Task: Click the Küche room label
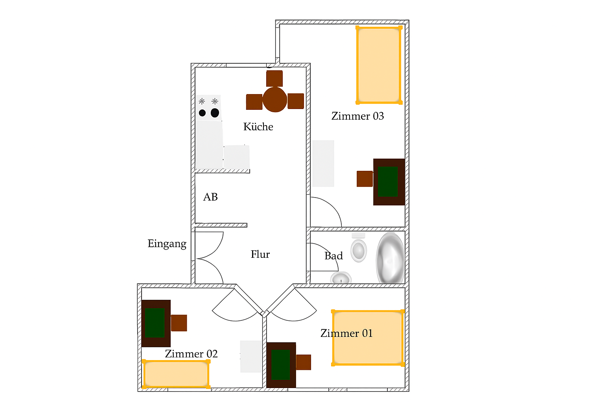(258, 127)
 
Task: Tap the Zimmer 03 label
(357, 116)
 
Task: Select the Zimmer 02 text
(191, 354)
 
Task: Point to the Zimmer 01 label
(346, 333)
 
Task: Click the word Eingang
(167, 244)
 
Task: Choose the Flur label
(260, 254)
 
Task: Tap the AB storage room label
(210, 197)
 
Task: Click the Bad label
(333, 256)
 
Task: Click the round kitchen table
(274, 99)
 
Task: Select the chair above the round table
(274, 79)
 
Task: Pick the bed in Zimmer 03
(379, 65)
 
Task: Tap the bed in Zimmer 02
(176, 374)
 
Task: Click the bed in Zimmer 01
(368, 338)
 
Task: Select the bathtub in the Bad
(390, 258)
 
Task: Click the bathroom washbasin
(341, 278)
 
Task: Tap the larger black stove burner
(215, 113)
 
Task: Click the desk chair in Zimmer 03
(365, 179)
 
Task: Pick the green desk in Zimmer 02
(156, 324)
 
